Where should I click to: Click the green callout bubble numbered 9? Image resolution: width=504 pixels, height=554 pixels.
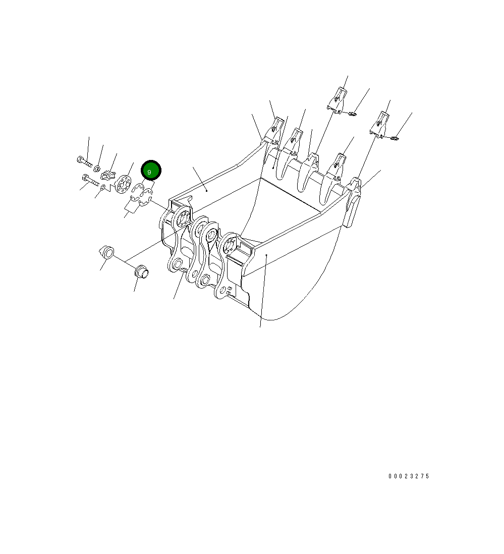[150, 171]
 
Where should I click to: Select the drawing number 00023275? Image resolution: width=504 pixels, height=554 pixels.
[409, 476]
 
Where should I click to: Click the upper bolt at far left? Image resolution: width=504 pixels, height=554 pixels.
[84, 161]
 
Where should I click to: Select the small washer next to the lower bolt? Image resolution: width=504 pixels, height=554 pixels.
[103, 188]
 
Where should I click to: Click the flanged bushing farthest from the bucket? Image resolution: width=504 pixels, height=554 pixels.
[106, 251]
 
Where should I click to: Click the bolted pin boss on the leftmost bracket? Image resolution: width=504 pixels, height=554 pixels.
[181, 220]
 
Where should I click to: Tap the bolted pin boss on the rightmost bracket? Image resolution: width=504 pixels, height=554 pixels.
[230, 246]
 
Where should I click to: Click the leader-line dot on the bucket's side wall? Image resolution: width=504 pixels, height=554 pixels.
[266, 256]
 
